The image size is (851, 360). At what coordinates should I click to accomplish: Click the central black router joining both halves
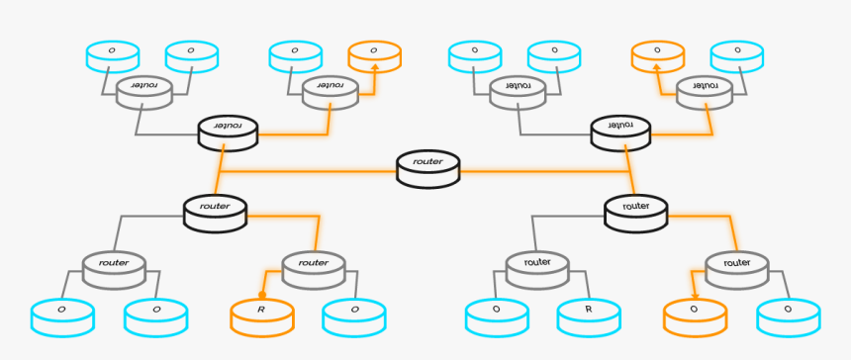pos(427,168)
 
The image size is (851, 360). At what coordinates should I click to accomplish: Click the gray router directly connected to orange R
pos(313,267)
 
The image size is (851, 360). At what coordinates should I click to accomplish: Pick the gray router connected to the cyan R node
pos(537,267)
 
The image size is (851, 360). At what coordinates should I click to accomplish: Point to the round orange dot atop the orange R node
pos(262,295)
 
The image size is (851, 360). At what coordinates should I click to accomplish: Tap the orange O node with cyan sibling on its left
pos(374,55)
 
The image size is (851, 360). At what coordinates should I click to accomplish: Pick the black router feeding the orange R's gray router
pos(215,212)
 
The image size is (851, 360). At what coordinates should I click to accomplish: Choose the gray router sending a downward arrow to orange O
pos(736,267)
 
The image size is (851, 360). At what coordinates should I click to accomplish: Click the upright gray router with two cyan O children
pos(114,267)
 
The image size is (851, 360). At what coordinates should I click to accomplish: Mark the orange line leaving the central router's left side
pos(317,171)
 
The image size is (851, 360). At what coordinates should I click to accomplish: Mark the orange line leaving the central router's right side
pos(544,171)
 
